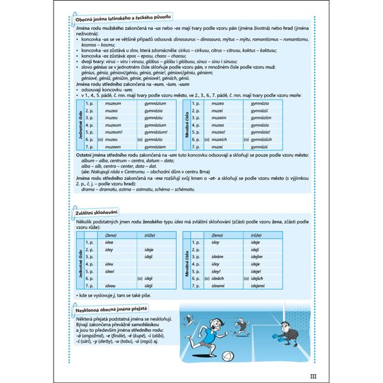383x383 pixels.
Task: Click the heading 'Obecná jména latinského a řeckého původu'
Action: (115, 24)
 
